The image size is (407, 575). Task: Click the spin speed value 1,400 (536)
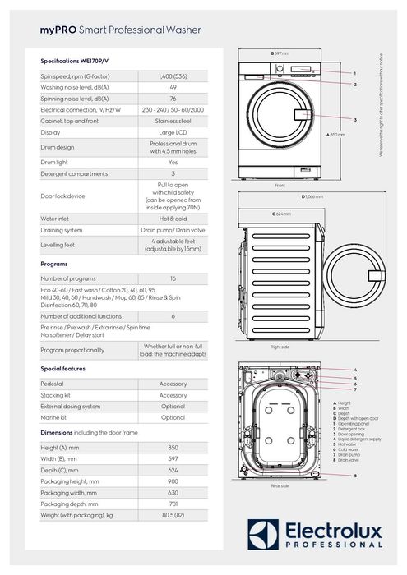[173, 76]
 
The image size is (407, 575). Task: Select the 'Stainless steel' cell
[173, 120]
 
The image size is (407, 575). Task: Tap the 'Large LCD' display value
[173, 131]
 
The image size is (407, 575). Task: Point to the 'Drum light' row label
[57, 162]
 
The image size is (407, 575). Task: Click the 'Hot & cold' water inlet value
[173, 219]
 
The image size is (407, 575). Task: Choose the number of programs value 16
[173, 279]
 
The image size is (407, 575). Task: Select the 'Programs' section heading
[55, 264]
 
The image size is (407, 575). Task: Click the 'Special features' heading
[63, 369]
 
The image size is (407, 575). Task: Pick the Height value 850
[173, 447]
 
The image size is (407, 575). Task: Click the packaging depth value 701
[173, 503]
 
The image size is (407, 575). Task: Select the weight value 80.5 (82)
[173, 514]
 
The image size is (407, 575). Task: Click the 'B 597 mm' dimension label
[280, 53]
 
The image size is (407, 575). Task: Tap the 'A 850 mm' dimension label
[336, 133]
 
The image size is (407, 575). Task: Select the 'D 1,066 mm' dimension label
[312, 197]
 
